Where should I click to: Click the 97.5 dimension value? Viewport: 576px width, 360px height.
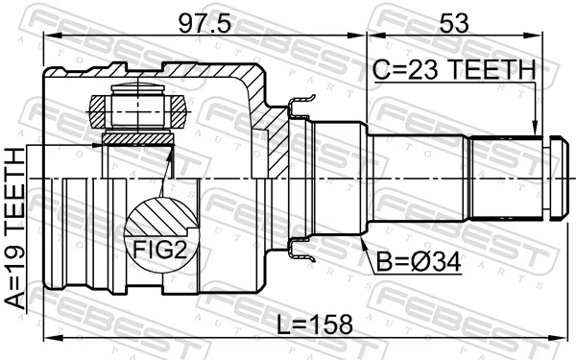[204, 22]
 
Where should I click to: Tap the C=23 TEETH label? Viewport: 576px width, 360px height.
[452, 69]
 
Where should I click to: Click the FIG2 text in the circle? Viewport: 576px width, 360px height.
[160, 251]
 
